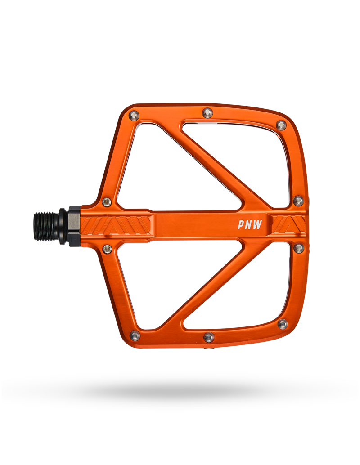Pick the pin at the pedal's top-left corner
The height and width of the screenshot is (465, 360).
pyautogui.click(x=134, y=115)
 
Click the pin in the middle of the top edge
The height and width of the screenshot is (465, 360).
pyautogui.click(x=207, y=112)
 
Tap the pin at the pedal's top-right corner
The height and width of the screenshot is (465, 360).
pyautogui.click(x=281, y=125)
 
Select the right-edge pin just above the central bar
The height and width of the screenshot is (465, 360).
pyautogui.click(x=298, y=201)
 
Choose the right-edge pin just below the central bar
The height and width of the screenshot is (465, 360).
pyautogui.click(x=298, y=248)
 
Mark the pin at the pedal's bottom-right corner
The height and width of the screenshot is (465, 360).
pyautogui.click(x=283, y=324)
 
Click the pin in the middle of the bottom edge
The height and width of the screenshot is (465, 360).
pyautogui.click(x=209, y=337)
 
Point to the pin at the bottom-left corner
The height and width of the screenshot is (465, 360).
pyautogui.click(x=135, y=335)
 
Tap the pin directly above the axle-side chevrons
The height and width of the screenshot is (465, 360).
pyautogui.click(x=107, y=202)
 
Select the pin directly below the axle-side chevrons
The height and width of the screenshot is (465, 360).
pyautogui.click(x=107, y=249)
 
